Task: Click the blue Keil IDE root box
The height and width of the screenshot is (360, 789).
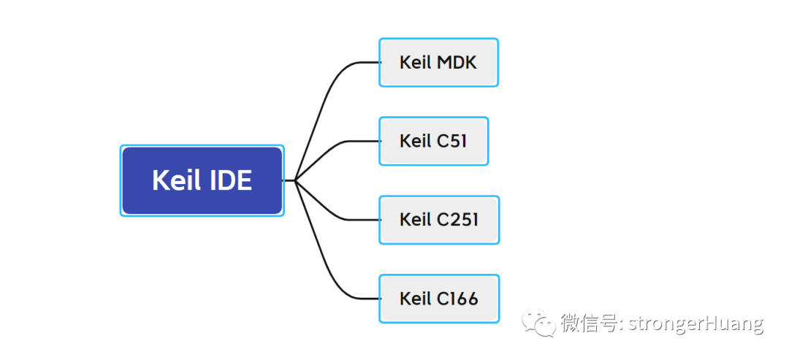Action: (202, 180)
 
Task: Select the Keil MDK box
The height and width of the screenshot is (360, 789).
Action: (438, 62)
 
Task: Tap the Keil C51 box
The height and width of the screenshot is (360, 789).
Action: (433, 141)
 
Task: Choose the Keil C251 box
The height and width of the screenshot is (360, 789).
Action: (439, 220)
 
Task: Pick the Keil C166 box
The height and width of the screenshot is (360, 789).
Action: (439, 298)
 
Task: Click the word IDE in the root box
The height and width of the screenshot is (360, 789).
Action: (230, 180)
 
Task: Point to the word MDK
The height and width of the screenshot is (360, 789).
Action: (457, 62)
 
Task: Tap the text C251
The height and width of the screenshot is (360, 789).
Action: (457, 220)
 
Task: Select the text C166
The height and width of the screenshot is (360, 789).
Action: (457, 299)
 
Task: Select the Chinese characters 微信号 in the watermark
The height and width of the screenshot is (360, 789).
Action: (590, 323)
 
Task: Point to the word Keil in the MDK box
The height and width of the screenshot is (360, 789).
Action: (416, 62)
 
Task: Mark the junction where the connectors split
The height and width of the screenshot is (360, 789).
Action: (295, 180)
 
